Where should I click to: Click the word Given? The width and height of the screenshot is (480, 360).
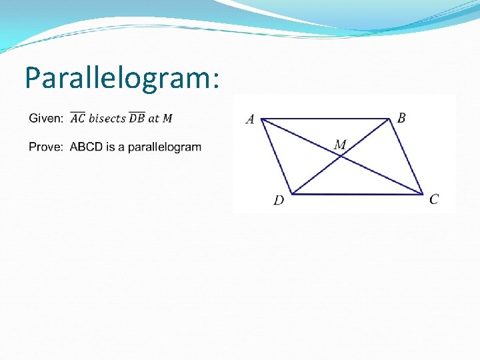(45, 119)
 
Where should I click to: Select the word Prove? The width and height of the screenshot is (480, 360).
(45, 147)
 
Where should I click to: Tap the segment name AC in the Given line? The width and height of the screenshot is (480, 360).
(77, 118)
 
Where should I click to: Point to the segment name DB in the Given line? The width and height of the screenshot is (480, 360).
(137, 118)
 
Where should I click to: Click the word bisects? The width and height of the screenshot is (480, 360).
(107, 119)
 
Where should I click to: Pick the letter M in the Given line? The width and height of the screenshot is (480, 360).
(167, 119)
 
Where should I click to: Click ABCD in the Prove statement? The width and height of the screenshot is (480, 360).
(85, 147)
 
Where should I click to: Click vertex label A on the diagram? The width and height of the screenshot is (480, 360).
(250, 120)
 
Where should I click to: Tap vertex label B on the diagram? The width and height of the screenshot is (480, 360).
(401, 118)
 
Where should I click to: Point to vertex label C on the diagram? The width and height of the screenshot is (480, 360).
(434, 199)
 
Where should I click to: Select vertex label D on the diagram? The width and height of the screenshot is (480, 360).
(279, 201)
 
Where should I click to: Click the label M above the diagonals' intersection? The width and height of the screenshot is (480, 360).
(340, 145)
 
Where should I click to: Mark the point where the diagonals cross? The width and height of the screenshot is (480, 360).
(341, 157)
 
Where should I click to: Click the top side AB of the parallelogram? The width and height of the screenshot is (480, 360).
(325, 119)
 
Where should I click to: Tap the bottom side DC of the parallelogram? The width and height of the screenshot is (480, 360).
(357, 195)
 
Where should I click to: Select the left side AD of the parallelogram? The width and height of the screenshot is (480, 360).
(276, 157)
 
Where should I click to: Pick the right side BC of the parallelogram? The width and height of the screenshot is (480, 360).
(406, 157)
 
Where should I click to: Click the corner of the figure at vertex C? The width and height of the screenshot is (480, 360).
(423, 195)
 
